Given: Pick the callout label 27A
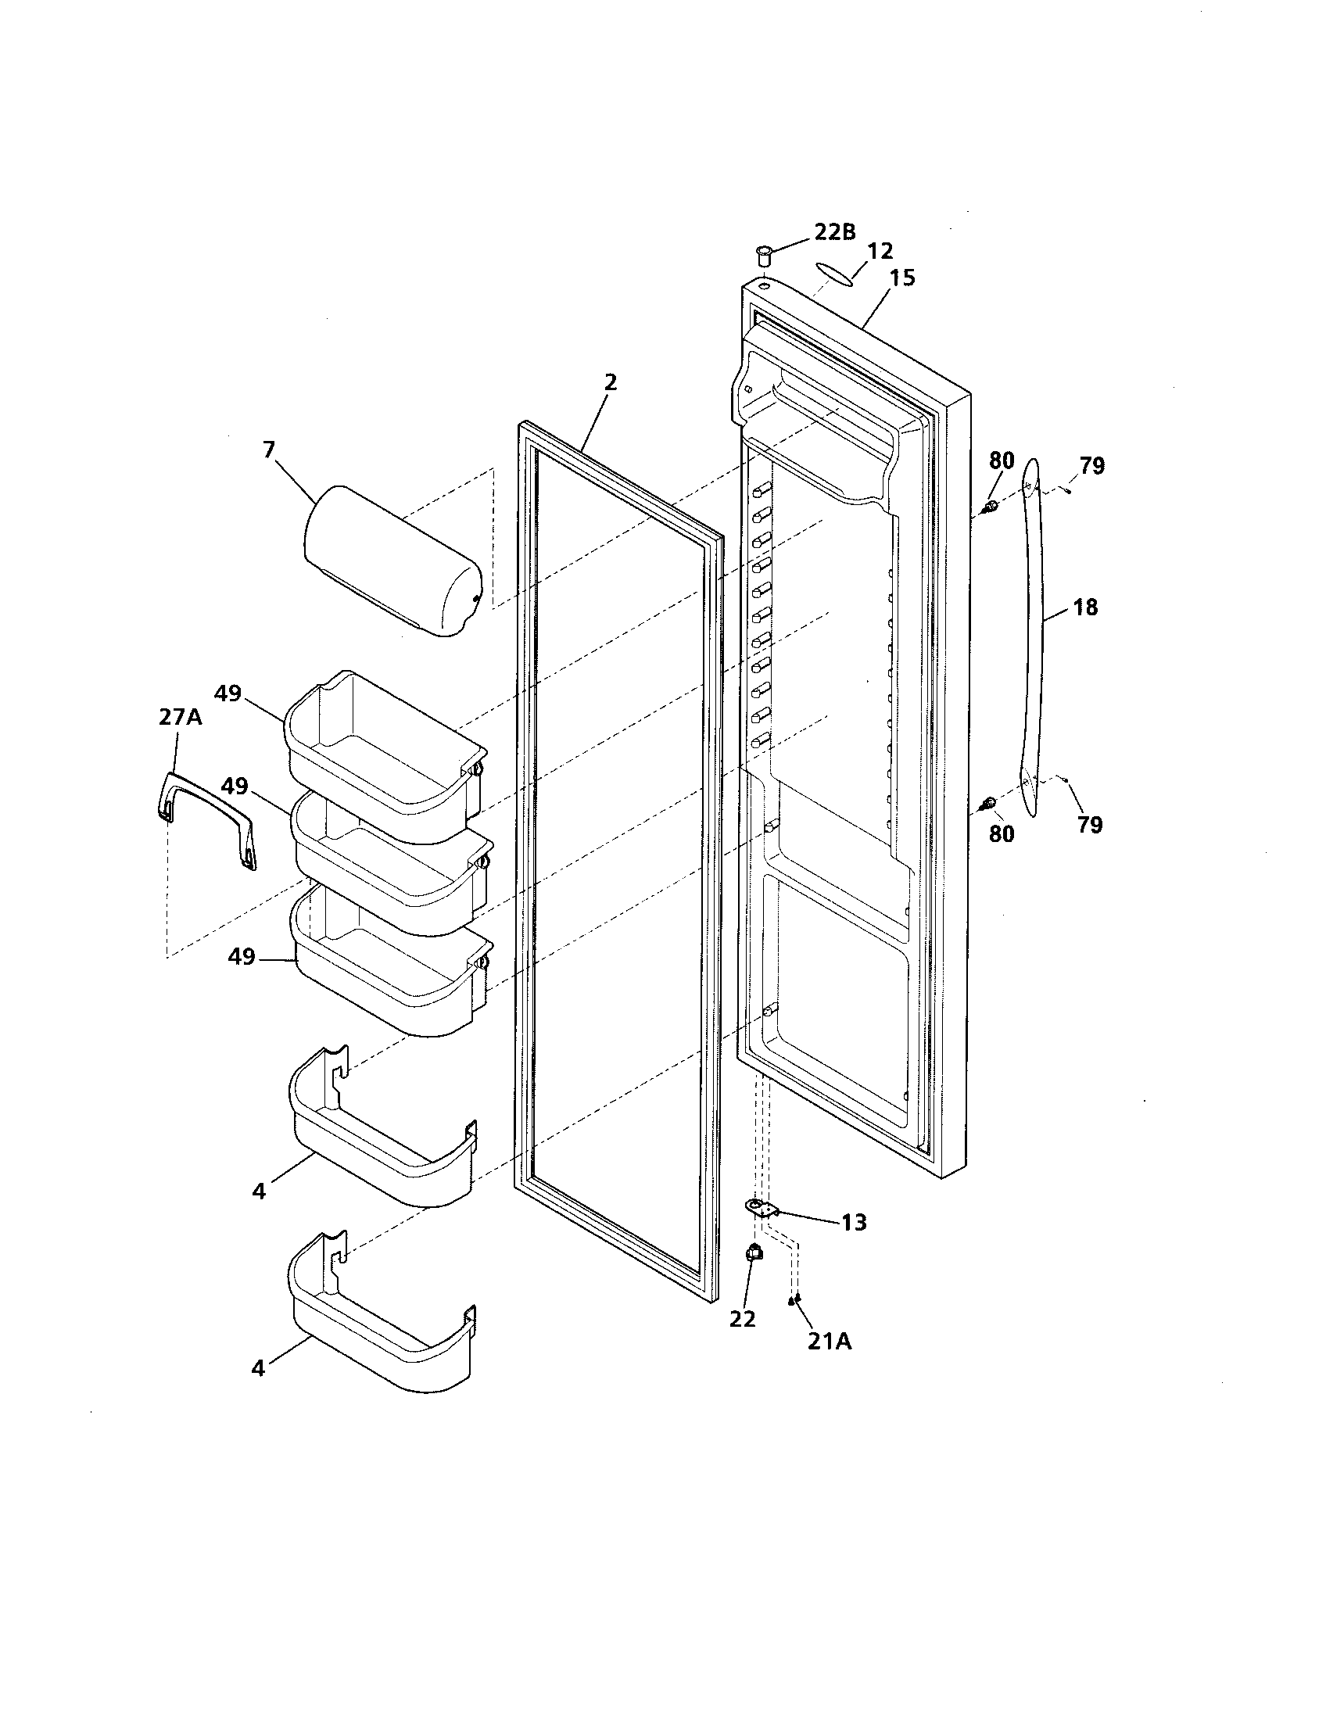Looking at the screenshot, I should pos(181,718).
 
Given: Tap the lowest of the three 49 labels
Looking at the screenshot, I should pos(242,956).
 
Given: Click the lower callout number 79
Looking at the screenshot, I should pos(1091,825).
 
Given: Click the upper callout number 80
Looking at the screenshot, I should pos(1002,460).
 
